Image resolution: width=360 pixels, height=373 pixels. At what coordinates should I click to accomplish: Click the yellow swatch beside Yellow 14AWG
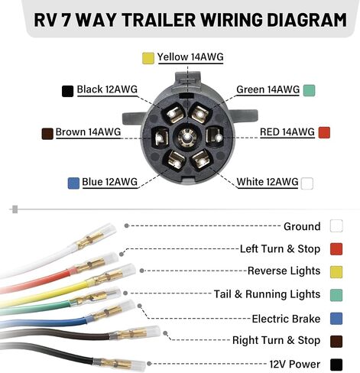148,58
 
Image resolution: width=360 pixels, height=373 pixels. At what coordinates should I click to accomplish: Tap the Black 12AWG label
107,89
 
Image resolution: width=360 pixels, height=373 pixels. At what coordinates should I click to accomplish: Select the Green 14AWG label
268,89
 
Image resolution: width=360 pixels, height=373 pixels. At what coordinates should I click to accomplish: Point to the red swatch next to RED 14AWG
324,132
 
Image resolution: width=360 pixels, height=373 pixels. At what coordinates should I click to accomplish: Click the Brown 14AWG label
88,132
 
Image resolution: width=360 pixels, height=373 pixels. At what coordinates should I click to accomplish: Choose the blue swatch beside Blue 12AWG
73,183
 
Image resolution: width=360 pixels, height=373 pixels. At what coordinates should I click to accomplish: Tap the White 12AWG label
268,182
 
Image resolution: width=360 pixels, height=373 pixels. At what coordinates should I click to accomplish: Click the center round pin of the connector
187,138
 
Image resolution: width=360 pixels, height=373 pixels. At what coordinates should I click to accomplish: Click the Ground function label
302,226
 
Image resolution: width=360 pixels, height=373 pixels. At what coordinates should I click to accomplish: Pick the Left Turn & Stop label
280,249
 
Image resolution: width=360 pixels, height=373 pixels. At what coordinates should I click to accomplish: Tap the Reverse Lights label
284,271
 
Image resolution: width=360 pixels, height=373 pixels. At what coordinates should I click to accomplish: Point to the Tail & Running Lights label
267,294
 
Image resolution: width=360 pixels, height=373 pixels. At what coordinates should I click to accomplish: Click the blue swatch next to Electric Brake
336,319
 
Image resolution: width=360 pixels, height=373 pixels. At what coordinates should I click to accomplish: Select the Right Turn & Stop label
276,340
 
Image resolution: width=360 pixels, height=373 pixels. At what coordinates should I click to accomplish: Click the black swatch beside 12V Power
336,365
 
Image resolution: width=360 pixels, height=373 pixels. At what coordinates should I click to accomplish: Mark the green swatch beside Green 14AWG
309,90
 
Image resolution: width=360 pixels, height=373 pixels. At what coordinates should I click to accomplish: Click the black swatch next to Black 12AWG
67,91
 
